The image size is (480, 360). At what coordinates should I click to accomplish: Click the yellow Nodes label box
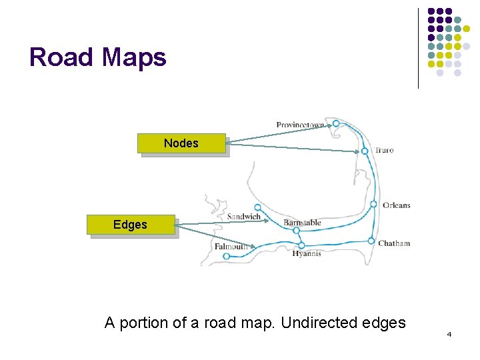pyautogui.click(x=181, y=143)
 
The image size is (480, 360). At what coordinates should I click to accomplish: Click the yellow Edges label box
pyautogui.click(x=131, y=225)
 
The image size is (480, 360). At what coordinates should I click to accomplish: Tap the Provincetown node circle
pyautogui.click(x=336, y=123)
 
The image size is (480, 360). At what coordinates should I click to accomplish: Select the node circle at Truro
pyautogui.click(x=365, y=151)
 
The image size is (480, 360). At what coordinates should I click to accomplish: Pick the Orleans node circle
pyautogui.click(x=373, y=204)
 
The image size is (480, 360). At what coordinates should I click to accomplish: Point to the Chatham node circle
pyautogui.click(x=371, y=241)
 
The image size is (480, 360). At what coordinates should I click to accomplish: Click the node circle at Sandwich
pyautogui.click(x=258, y=207)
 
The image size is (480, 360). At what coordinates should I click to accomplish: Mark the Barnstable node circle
pyautogui.click(x=296, y=231)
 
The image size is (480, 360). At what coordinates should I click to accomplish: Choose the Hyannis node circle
pyautogui.click(x=301, y=245)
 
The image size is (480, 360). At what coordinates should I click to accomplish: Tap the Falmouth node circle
pyautogui.click(x=227, y=256)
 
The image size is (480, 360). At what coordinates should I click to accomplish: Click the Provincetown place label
pyautogui.click(x=300, y=125)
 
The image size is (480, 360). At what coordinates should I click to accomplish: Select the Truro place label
pyautogui.click(x=384, y=150)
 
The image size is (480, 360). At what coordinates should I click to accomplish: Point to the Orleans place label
pyautogui.click(x=396, y=205)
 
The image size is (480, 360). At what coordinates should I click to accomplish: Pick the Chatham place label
pyautogui.click(x=394, y=243)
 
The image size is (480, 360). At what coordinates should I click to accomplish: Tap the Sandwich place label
pyautogui.click(x=244, y=217)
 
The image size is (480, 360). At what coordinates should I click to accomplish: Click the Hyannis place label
pyautogui.click(x=306, y=253)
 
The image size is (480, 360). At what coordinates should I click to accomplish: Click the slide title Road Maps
pyautogui.click(x=98, y=57)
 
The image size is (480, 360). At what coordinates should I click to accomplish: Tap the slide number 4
pyautogui.click(x=449, y=333)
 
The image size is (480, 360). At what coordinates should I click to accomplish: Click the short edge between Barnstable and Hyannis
pyautogui.click(x=299, y=238)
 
